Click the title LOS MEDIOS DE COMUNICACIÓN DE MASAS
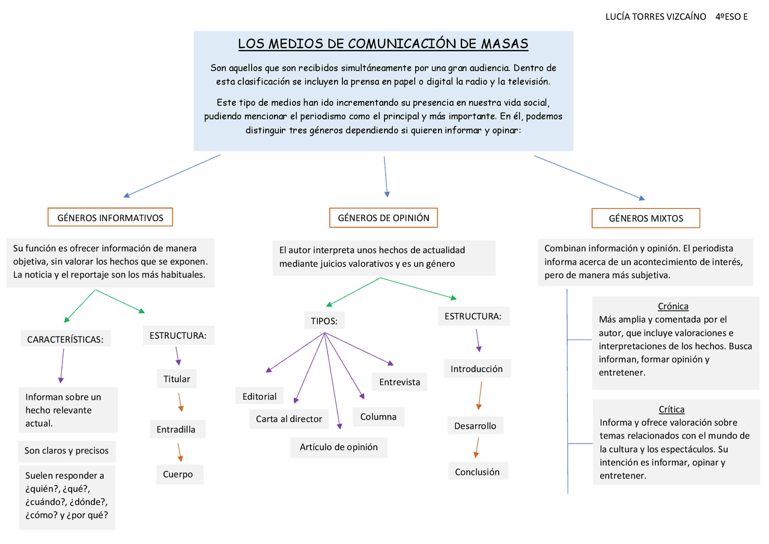pos(383,44)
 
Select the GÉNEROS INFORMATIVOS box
pos(110,218)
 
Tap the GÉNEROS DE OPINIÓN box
pos(383,218)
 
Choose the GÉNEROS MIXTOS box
pos(646,218)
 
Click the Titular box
pos(177,379)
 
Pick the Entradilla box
pos(176,429)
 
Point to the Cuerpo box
pos(178,474)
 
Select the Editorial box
pos(260,396)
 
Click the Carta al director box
pos(289,419)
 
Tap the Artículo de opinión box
pos(339,447)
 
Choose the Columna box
pos(378,417)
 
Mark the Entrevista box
pos(400,382)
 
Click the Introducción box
pos(476,368)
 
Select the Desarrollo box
pos(475,426)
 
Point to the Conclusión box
pos(477,472)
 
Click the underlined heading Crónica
pos(673,306)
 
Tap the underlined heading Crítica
pos(672,409)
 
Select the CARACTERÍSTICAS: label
pos(65,340)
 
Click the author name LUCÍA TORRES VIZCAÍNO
pos(655,16)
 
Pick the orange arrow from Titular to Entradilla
pos(180,403)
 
